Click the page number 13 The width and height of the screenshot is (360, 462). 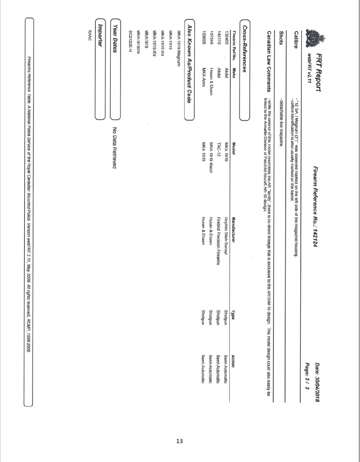(180, 441)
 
